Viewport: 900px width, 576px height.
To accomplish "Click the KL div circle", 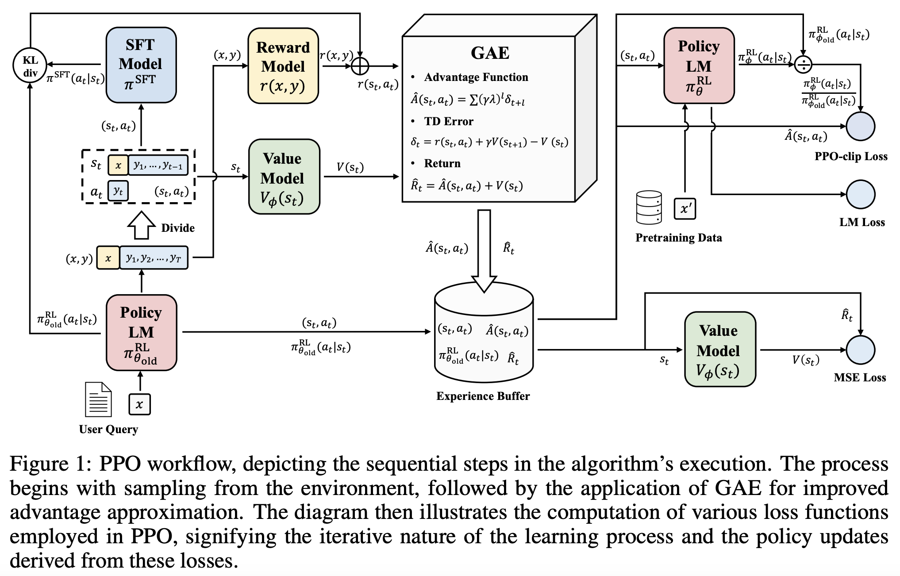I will (x=30, y=65).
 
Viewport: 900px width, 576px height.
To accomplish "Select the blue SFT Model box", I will (x=141, y=65).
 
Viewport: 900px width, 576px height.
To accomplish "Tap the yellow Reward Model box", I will (x=283, y=66).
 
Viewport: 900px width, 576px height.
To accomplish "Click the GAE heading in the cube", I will (x=490, y=53).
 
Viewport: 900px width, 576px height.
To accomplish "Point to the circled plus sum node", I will (x=360, y=66).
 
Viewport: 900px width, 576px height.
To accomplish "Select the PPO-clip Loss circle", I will (x=860, y=127).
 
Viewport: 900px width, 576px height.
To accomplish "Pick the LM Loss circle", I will (x=860, y=194).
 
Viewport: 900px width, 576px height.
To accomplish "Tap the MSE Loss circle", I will (x=860, y=350).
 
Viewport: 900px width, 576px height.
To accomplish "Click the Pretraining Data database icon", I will (x=649, y=207).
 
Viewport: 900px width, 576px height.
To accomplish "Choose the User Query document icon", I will (x=98, y=399).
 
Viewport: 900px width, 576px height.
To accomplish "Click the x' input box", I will (x=685, y=208).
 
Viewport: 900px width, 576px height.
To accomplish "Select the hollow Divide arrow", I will (x=141, y=225).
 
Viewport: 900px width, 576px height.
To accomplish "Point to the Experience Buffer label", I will (x=483, y=396).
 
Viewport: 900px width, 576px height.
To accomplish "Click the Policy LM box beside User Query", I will (x=141, y=332).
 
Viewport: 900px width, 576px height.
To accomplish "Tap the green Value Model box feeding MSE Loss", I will (x=719, y=349).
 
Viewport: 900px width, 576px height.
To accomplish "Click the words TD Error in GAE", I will (x=448, y=122).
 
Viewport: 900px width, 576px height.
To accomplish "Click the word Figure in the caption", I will (x=39, y=464).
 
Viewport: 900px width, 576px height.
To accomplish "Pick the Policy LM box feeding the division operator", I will (x=699, y=65).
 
